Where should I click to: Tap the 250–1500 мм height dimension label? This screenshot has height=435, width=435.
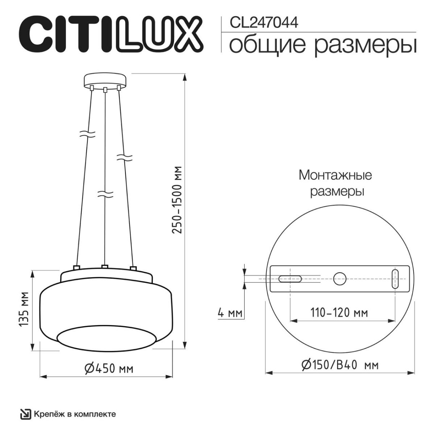tap(177, 200)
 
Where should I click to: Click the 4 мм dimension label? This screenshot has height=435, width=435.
tap(230, 312)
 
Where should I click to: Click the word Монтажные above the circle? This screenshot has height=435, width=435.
tap(335, 175)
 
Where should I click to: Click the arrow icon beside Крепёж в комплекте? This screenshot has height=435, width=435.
tap(25, 414)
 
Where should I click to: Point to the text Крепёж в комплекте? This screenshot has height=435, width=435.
tap(75, 414)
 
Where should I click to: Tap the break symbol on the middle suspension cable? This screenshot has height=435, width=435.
tap(105, 194)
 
